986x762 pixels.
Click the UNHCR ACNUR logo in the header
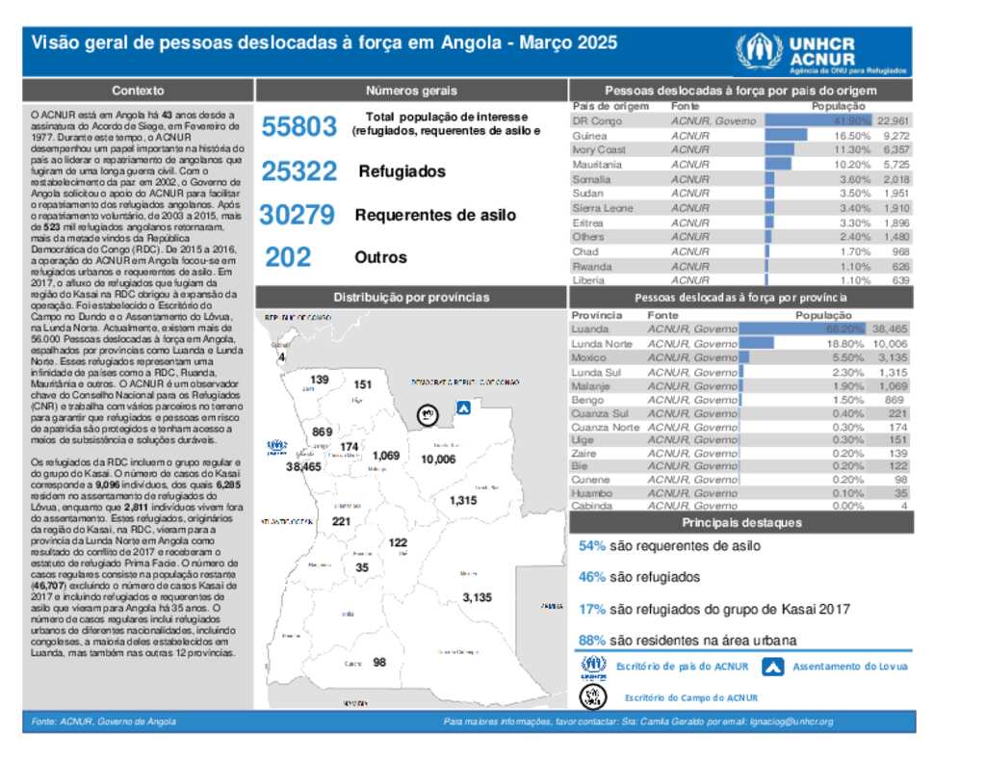(795, 53)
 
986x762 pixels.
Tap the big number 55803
(299, 126)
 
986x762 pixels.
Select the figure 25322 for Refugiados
(299, 171)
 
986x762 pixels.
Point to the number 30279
(298, 215)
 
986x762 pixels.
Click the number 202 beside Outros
(288, 257)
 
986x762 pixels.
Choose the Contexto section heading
(138, 91)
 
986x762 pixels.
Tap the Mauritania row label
(597, 165)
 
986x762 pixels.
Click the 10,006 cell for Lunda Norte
(890, 344)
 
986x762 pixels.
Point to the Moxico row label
(588, 357)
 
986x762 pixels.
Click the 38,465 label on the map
(303, 466)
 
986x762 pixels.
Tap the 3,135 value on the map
(477, 597)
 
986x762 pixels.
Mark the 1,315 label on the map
(463, 500)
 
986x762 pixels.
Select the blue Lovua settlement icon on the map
(463, 408)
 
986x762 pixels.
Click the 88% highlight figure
(592, 640)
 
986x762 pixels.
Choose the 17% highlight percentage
(592, 609)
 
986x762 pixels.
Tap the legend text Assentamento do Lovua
(850, 667)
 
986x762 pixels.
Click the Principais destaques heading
(741, 523)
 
